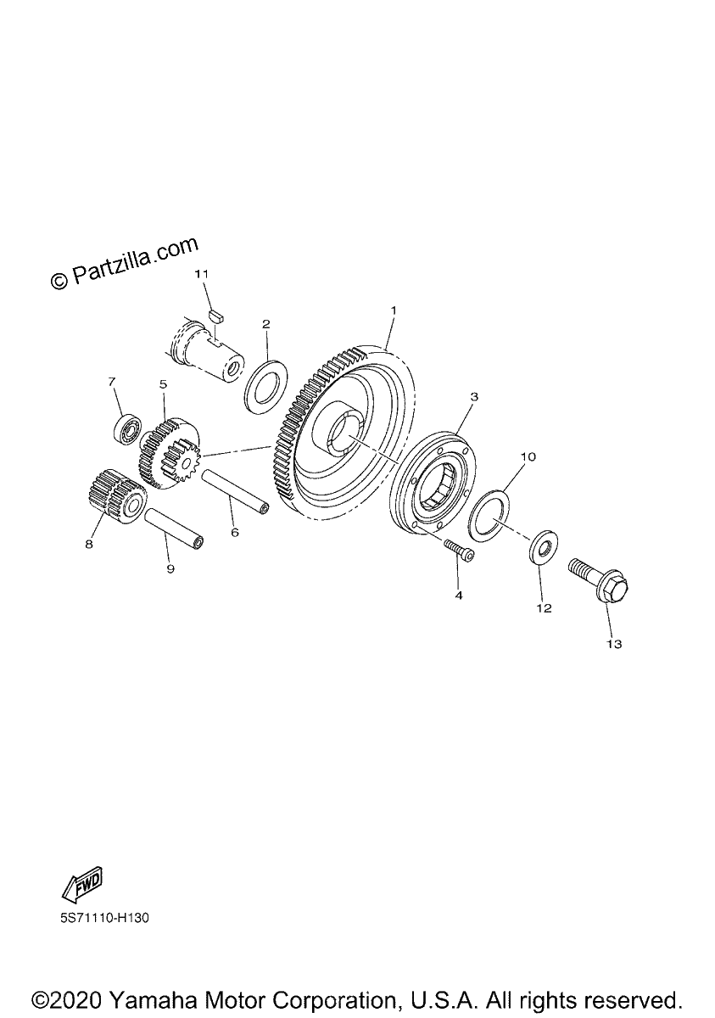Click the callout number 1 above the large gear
394,310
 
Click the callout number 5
163,384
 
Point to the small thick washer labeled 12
544,547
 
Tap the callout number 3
474,397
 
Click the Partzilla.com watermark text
125,263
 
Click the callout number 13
614,644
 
